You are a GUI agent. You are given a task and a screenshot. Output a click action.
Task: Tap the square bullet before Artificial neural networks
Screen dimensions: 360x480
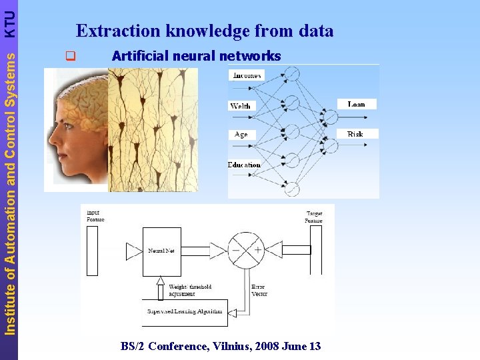coord(67,57)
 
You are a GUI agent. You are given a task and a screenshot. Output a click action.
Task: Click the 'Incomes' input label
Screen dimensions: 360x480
coord(246,75)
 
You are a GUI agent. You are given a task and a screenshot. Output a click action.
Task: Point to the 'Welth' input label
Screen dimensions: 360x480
coord(240,106)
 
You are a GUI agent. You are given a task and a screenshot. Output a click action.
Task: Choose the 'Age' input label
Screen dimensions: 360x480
coord(241,134)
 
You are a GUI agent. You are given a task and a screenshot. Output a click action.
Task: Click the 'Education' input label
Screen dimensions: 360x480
coord(244,165)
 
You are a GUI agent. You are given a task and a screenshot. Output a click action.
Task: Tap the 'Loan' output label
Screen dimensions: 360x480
coord(357,104)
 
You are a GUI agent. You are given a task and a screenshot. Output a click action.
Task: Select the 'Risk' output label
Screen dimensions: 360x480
coord(355,134)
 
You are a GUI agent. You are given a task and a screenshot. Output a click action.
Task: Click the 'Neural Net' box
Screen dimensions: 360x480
coord(161,251)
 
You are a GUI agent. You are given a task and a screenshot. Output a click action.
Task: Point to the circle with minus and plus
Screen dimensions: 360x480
coord(246,251)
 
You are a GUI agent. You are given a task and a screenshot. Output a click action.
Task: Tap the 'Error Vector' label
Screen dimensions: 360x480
coord(259,291)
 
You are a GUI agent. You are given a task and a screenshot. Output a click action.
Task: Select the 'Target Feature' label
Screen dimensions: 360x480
coord(313,217)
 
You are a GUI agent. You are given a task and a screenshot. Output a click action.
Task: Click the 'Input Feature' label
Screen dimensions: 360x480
coord(95,216)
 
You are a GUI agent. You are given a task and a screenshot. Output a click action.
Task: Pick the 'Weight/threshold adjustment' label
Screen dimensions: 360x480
coord(190,290)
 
